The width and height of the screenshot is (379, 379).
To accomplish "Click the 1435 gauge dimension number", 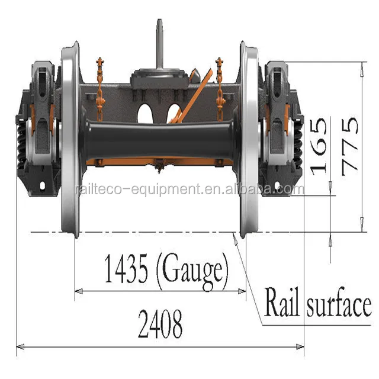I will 127,269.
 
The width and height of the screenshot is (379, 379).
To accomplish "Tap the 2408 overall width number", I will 160,325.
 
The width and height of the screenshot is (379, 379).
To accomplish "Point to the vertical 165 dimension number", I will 318,145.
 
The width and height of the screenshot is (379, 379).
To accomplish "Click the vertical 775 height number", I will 350,145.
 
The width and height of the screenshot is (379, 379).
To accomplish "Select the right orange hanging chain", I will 220,83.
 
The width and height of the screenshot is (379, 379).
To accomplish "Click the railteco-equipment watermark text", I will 189,189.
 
